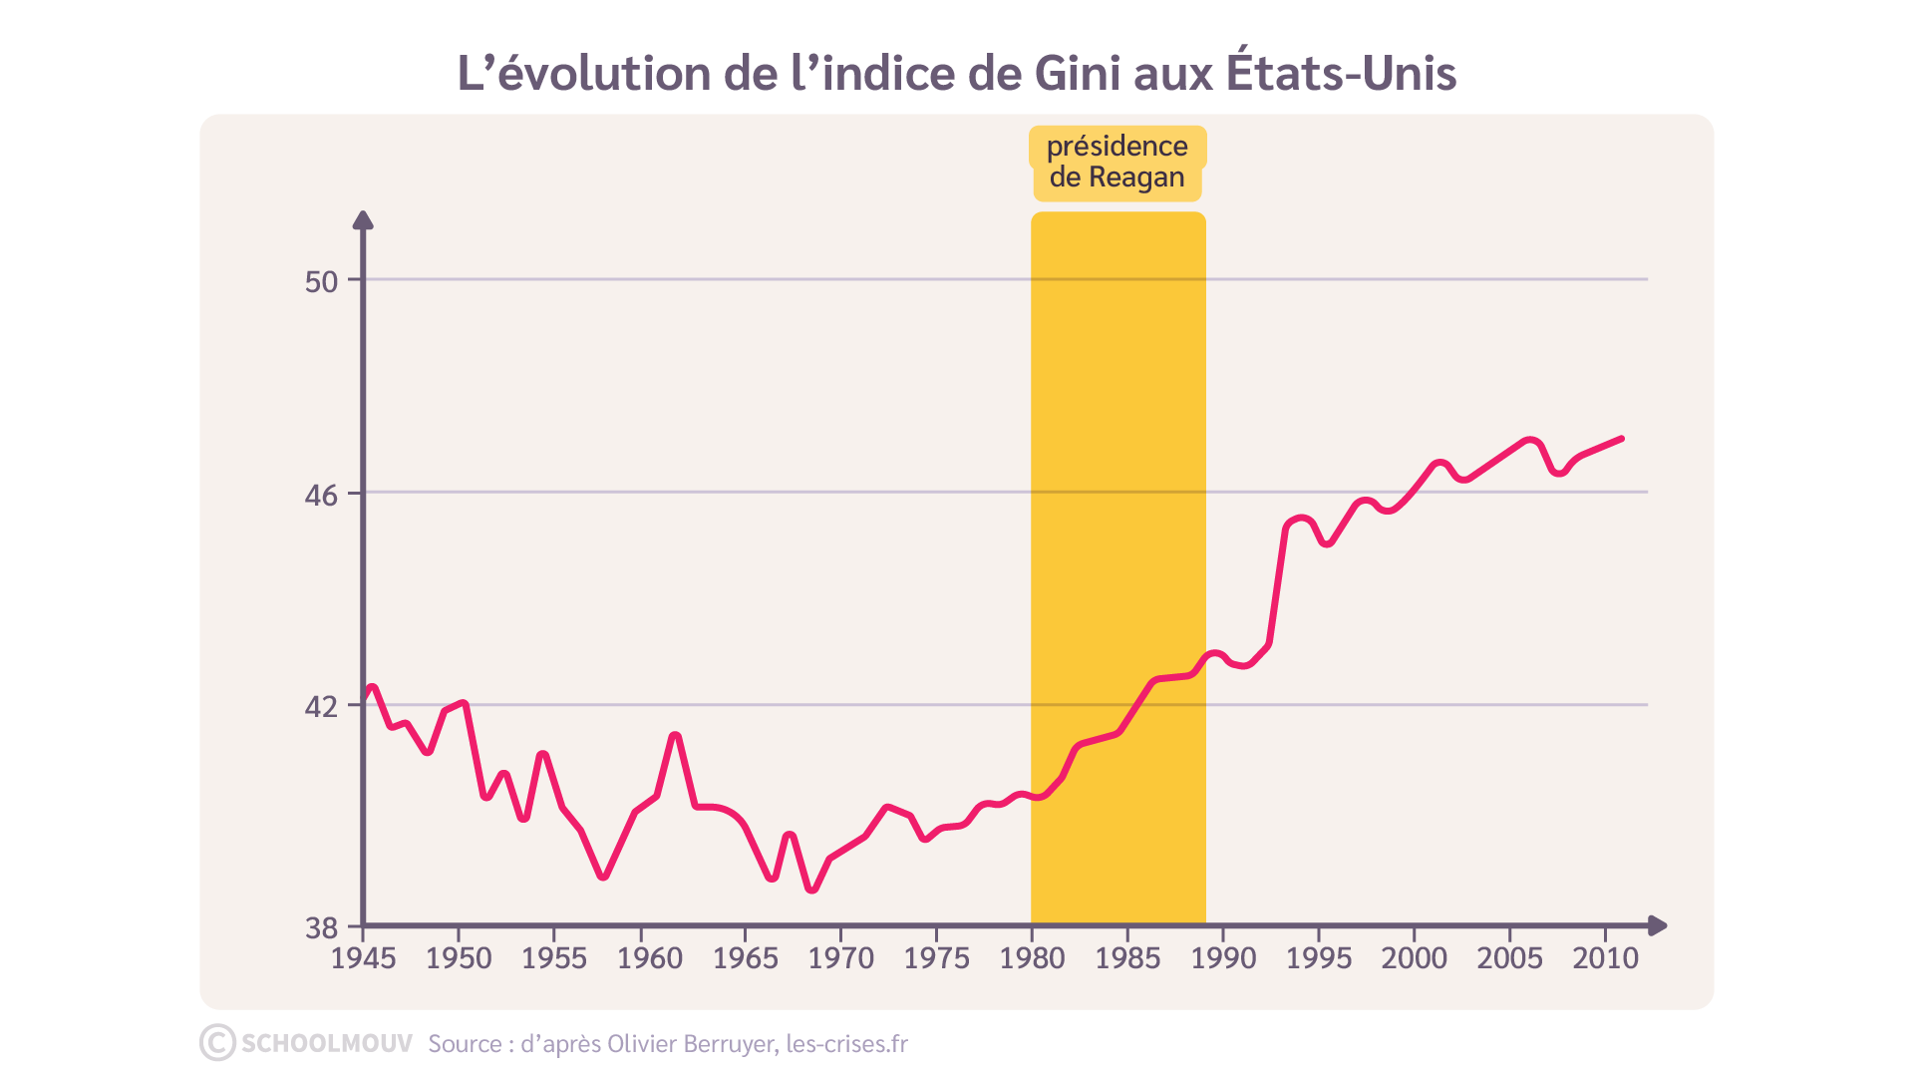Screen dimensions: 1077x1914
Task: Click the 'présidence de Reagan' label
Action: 1116,162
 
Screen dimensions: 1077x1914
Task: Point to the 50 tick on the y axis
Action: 321,281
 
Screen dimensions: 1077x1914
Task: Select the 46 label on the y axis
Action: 321,495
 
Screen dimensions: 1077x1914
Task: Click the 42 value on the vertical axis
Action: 321,707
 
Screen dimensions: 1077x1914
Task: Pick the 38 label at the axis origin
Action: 321,928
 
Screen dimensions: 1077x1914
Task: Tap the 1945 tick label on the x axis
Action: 363,958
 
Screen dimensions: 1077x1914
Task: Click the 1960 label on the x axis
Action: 649,958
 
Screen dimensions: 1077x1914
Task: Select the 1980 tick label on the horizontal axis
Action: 1032,958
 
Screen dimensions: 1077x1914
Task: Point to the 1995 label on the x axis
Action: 1318,958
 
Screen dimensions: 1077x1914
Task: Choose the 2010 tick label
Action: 1605,958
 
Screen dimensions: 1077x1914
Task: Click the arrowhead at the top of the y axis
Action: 364,219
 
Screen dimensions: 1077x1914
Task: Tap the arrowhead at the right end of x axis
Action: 1658,925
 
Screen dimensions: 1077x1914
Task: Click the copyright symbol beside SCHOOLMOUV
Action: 217,1043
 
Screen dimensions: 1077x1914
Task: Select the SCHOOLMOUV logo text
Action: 326,1043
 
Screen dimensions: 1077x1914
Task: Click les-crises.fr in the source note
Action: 846,1044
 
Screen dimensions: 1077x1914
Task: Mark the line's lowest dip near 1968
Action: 811,890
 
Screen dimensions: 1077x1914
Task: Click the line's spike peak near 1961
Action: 675,736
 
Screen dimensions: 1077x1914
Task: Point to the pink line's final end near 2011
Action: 1622,438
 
